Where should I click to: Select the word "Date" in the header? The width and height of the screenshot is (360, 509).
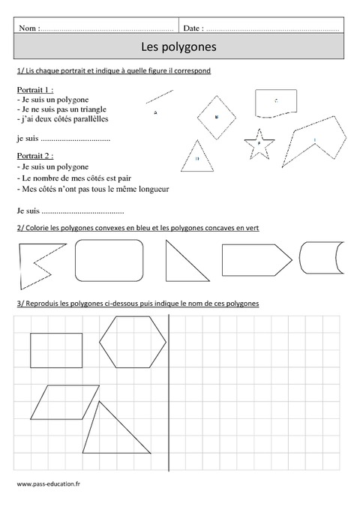[192, 28]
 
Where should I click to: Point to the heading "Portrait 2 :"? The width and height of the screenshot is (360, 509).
[34, 156]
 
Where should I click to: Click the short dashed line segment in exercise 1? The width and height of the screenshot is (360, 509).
[159, 98]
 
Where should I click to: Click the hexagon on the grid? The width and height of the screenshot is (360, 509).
[134, 343]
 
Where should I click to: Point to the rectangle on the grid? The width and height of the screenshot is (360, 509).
[56, 350]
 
